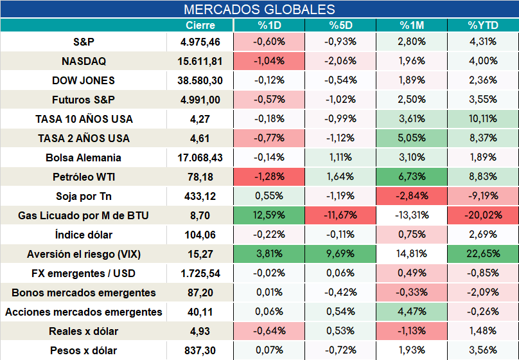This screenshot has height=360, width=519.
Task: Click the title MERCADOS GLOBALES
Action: pyautogui.click(x=259, y=9)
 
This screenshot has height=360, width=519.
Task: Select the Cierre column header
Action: pyautogui.click(x=200, y=25)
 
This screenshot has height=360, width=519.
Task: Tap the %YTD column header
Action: pyautogui.click(x=483, y=25)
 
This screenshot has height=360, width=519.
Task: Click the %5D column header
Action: pyautogui.click(x=340, y=25)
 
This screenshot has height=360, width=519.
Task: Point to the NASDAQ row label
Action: pyautogui.click(x=84, y=61)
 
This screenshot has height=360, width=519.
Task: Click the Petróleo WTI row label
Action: pyautogui.click(x=84, y=177)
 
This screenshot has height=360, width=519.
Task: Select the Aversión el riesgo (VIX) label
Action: pyautogui.click(x=84, y=254)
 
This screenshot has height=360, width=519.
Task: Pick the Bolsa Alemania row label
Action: pyautogui.click(x=84, y=157)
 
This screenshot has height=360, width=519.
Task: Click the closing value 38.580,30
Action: pyautogui.click(x=200, y=80)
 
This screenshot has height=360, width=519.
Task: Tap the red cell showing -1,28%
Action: pyautogui.click(x=269, y=177)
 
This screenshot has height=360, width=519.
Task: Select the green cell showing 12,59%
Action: pyautogui.click(x=269, y=215)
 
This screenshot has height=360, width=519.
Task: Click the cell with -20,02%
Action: pyautogui.click(x=483, y=215)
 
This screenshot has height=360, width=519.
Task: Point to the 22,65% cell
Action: pyautogui.click(x=483, y=254)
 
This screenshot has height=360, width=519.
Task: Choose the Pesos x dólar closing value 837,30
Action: pyautogui.click(x=200, y=350)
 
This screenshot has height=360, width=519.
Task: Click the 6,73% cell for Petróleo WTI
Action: pyautogui.click(x=412, y=177)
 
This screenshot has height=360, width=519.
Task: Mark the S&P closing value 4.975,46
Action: pyautogui.click(x=200, y=42)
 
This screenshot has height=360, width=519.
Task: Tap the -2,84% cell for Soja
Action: pyautogui.click(x=412, y=195)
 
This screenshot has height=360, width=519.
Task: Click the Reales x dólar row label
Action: pyautogui.click(x=84, y=331)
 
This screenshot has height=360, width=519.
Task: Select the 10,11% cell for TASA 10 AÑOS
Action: pyautogui.click(x=483, y=118)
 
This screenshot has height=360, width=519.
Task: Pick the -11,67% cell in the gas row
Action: pyautogui.click(x=340, y=215)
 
